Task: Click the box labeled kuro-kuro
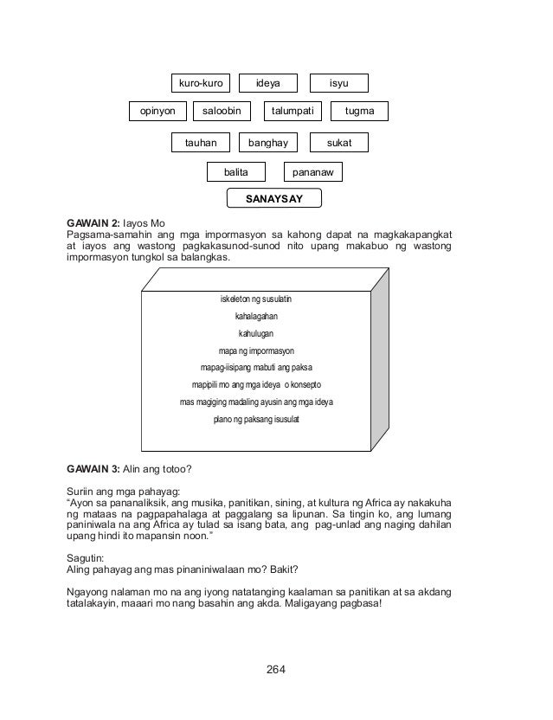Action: [x=201, y=83]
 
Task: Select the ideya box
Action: [x=267, y=83]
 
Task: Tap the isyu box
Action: [x=338, y=83]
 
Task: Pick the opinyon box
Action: [x=158, y=111]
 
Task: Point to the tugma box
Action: [x=359, y=111]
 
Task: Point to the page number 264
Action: [x=276, y=669]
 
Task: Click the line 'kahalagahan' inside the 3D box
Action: [x=256, y=317]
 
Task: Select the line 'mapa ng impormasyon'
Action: [x=256, y=350]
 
